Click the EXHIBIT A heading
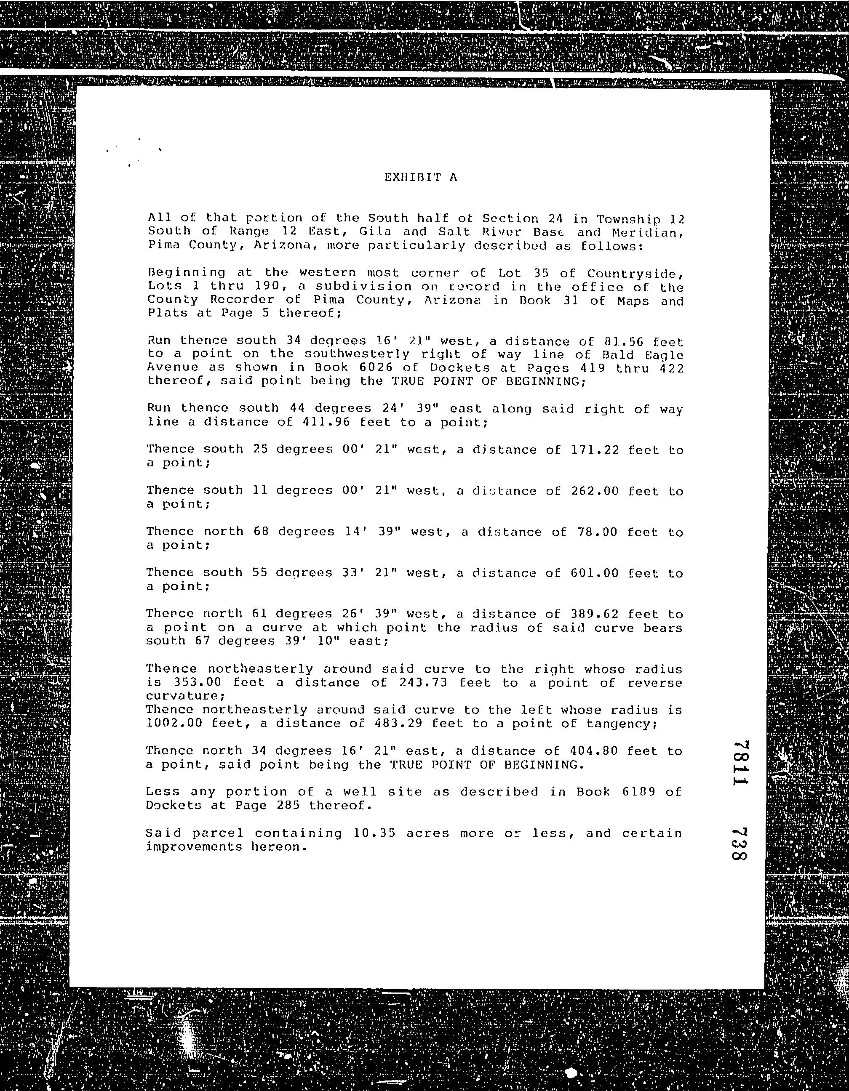click(x=421, y=177)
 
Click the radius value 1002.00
click(x=174, y=723)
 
